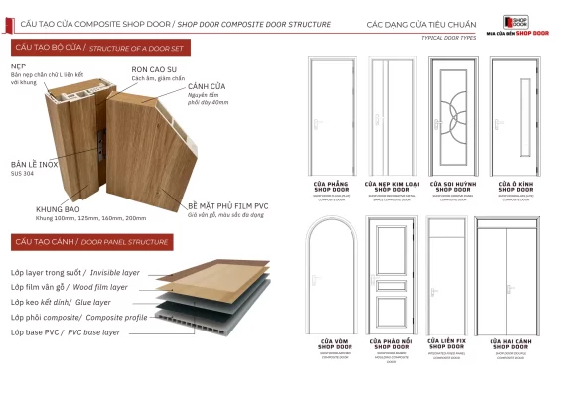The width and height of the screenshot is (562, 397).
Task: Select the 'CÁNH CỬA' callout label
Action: coord(207,87)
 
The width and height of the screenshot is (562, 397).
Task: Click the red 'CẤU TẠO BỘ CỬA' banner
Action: coord(73,47)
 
